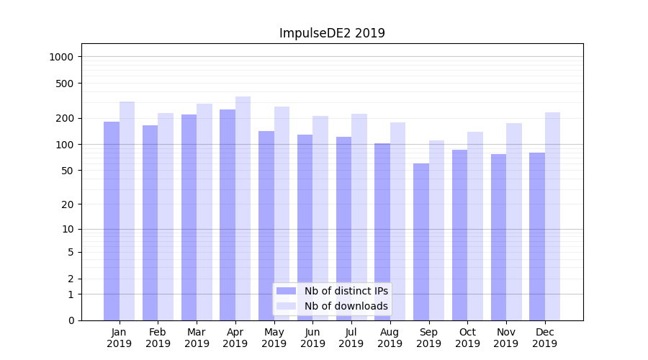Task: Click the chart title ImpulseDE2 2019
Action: [x=332, y=33]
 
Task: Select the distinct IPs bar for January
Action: [x=112, y=221]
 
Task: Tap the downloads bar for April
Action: [x=243, y=209]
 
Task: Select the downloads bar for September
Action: [x=437, y=230]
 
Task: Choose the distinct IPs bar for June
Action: [x=305, y=228]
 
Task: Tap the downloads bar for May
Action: [x=282, y=214]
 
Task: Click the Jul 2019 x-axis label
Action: [x=351, y=338]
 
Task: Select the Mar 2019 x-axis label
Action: [x=197, y=338]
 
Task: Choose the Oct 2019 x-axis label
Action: [x=467, y=338]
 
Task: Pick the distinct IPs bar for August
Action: [x=382, y=232]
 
